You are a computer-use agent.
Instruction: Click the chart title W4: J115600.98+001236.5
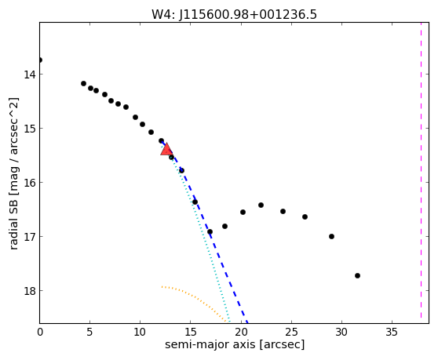click(x=234, y=14)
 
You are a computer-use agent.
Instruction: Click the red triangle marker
click(x=166, y=149)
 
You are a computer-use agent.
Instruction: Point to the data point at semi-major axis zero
click(x=40, y=60)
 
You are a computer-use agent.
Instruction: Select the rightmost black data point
click(x=357, y=276)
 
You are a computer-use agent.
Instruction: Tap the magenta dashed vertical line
click(x=421, y=170)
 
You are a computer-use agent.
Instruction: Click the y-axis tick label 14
click(x=29, y=75)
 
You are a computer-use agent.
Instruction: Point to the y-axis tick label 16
click(x=29, y=183)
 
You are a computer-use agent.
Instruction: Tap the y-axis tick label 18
click(x=29, y=291)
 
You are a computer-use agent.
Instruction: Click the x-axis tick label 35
click(x=392, y=332)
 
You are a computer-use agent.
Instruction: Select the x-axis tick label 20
click(x=241, y=332)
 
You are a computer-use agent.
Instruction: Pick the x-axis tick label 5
click(x=89, y=332)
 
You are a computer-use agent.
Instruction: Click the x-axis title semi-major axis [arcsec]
click(x=235, y=344)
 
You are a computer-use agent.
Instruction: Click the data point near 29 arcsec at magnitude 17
click(x=331, y=236)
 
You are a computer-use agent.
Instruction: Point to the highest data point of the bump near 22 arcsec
click(x=261, y=205)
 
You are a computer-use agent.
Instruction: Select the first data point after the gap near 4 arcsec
click(x=83, y=83)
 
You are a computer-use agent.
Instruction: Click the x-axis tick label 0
click(x=40, y=332)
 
